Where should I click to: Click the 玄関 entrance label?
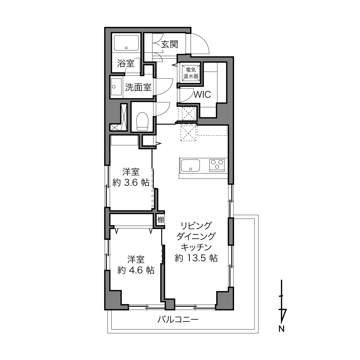(x=169, y=44)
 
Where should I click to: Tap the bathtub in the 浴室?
(x=126, y=43)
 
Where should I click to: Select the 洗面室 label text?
(x=138, y=87)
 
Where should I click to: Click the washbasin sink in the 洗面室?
(x=116, y=87)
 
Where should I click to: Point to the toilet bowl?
(x=142, y=121)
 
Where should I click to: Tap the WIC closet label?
(x=202, y=95)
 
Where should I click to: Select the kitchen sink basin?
(x=190, y=165)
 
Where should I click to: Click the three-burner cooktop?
(x=217, y=165)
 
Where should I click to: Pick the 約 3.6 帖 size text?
(x=131, y=183)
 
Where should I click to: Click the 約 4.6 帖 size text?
(x=136, y=270)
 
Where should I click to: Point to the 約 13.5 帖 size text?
(x=196, y=258)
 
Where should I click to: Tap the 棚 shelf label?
(x=161, y=220)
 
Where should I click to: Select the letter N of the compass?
(x=281, y=334)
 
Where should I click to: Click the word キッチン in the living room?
(x=196, y=247)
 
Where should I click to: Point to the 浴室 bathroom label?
(x=126, y=63)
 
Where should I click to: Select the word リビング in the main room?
(x=196, y=225)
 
